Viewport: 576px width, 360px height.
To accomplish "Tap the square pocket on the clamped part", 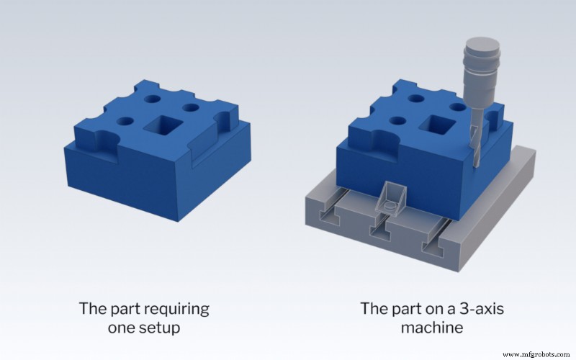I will click(x=441, y=122).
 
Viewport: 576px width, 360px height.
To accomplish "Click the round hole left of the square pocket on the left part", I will click(x=125, y=122).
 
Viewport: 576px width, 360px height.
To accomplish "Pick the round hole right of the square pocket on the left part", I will click(x=190, y=109).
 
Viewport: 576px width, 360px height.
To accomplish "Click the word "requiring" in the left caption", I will click(x=171, y=310).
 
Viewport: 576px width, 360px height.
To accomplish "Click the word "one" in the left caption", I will click(x=117, y=329).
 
